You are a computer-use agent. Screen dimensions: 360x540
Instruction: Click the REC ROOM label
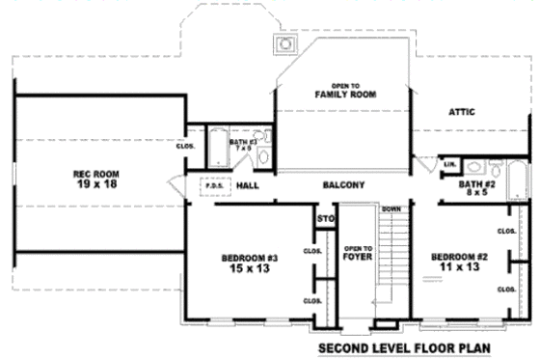pos(94,174)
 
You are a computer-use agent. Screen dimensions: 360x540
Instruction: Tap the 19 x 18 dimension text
pos(94,183)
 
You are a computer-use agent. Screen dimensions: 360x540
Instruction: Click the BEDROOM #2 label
pos(459,257)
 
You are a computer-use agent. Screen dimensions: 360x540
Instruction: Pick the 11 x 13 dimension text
pos(459,267)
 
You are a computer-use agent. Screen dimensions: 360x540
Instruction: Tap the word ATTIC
pos(462,112)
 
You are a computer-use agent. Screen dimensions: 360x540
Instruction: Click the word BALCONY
pos(343,184)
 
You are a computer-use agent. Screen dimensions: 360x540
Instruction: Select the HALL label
pos(248,184)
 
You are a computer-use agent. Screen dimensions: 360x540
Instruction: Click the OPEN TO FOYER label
pos(358,253)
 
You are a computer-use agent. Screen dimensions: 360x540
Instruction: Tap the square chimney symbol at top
pos(284,43)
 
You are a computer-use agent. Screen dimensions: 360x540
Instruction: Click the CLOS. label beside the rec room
pos(185,147)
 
